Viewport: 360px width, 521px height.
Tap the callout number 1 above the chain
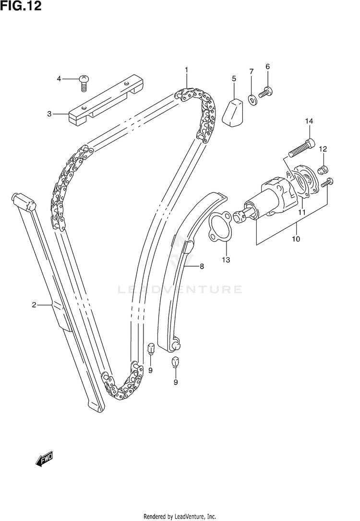[x=186, y=70]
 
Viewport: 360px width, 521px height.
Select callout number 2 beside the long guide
[x=35, y=304]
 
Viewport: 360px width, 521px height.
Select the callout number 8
[x=202, y=266]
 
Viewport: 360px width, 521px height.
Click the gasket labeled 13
[x=219, y=226]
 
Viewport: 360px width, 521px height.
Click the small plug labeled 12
[x=324, y=168]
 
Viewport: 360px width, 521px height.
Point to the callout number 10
[x=296, y=238]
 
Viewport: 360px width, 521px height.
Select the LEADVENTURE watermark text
[x=180, y=289]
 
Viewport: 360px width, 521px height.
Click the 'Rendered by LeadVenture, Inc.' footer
[x=180, y=516]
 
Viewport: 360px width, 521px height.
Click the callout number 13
[x=226, y=260]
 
